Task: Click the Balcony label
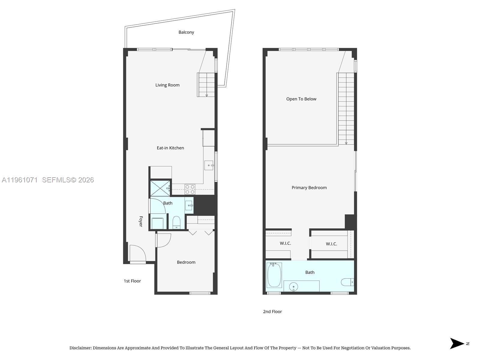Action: coord(186,32)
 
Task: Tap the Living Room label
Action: coord(167,85)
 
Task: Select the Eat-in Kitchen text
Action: coord(170,148)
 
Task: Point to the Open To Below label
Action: coord(301,99)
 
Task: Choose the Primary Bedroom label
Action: coord(309,188)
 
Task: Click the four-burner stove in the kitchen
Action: coord(190,189)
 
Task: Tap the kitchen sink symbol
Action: coord(209,165)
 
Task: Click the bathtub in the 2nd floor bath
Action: coord(274,275)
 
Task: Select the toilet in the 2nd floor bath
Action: coord(347,282)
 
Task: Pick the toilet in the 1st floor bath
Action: coord(176,223)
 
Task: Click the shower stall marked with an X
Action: coord(160,188)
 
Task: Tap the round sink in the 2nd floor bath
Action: coord(293,287)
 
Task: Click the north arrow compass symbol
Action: coord(457,343)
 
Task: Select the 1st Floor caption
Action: coord(132,281)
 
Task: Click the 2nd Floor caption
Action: coord(272,312)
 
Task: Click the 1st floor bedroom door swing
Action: coord(163,240)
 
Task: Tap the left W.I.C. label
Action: coord(285,243)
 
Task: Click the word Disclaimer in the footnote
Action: coord(80,348)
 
